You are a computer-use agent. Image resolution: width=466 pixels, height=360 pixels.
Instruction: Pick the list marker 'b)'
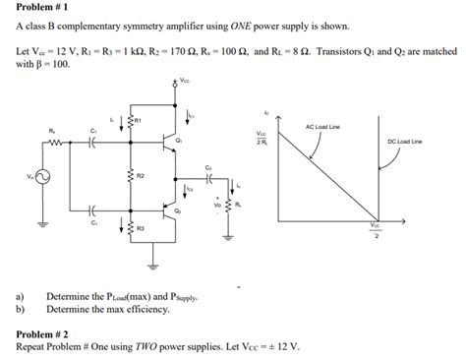[21, 307]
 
